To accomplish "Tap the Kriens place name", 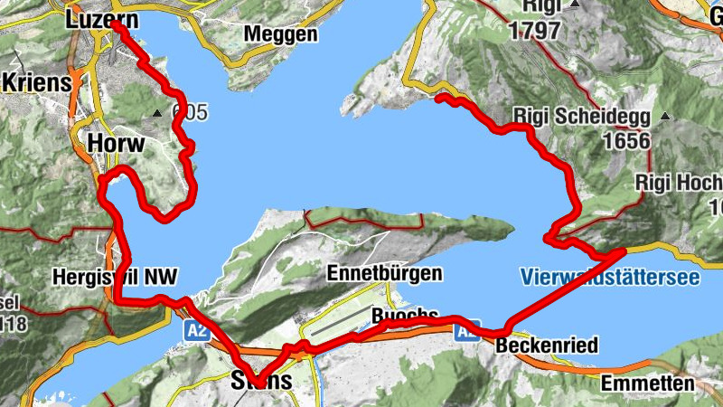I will tap(36, 82).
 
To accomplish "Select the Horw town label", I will tap(112, 143).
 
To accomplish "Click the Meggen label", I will tap(281, 34).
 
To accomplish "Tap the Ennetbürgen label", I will tap(384, 273).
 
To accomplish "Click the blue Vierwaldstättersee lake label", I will tap(610, 277).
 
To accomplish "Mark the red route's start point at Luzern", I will tap(117, 26).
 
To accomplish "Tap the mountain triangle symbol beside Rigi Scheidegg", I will tap(665, 117).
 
